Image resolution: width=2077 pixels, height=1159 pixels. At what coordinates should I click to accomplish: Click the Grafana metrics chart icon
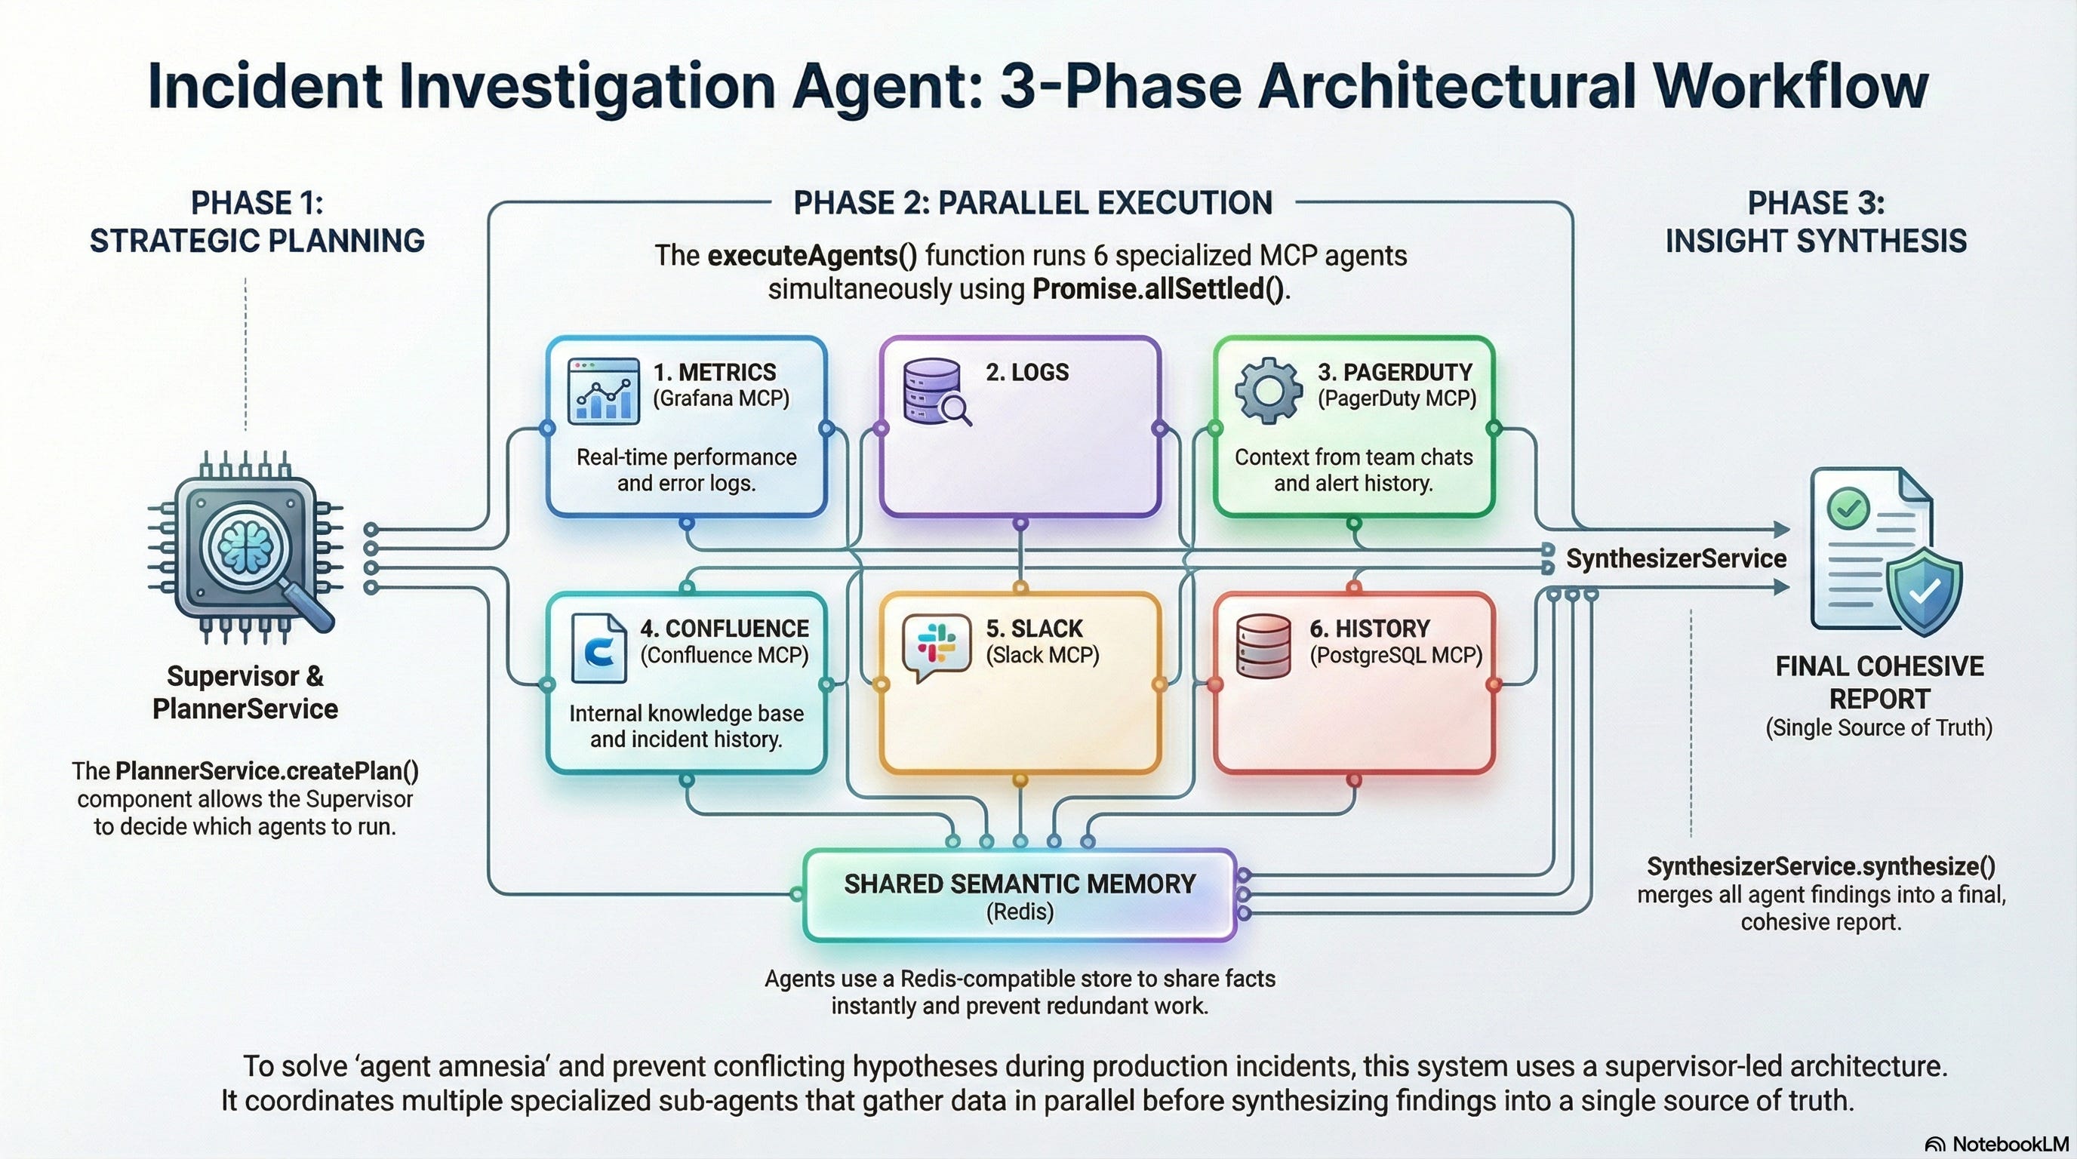603,391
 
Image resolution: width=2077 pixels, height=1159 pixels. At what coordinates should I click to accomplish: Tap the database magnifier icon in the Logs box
936,392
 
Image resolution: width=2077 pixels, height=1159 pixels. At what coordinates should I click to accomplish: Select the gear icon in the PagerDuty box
1268,391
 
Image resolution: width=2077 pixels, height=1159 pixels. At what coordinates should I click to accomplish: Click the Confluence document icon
598,647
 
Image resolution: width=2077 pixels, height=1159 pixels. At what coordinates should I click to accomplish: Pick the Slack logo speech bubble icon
936,647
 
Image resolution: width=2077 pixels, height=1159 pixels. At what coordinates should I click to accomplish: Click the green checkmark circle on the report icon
1848,508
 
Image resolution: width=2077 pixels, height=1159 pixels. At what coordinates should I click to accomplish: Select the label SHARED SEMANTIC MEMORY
1019,884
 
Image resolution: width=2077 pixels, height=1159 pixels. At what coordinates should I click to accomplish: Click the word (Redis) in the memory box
1019,912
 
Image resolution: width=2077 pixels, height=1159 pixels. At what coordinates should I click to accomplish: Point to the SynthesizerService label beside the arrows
1675,558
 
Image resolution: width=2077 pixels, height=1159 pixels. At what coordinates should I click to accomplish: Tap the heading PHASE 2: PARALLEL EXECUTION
1033,203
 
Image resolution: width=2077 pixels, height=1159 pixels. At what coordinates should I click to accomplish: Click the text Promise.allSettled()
1159,288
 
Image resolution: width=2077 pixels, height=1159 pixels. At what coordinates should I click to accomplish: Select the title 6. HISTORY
1369,629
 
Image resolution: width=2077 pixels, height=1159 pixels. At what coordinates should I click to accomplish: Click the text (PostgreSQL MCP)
1395,655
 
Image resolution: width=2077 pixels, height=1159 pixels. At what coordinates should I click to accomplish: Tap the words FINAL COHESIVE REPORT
1879,682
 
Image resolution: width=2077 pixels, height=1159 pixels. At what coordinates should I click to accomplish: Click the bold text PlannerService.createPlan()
267,771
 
